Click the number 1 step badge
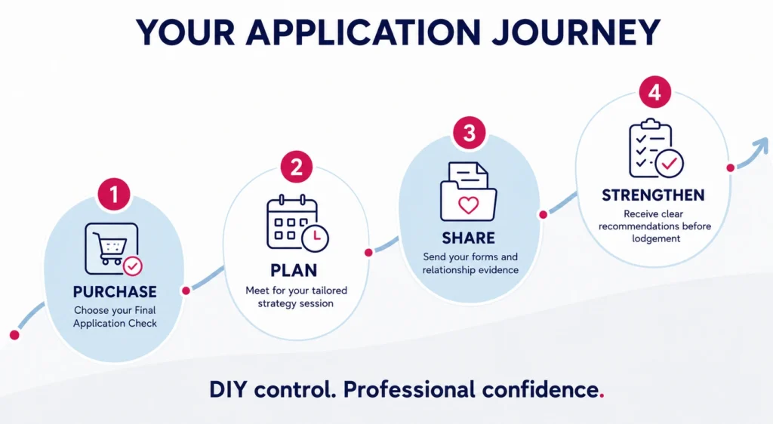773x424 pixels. click(x=114, y=194)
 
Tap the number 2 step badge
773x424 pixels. click(x=296, y=167)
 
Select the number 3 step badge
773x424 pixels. click(x=470, y=133)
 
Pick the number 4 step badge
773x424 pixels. click(x=654, y=92)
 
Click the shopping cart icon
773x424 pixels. click(x=113, y=249)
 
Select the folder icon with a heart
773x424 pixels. click(x=468, y=192)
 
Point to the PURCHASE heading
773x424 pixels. click(x=115, y=291)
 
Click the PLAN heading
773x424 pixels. click(x=294, y=270)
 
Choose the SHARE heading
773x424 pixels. click(x=468, y=238)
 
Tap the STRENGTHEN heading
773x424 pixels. click(x=653, y=195)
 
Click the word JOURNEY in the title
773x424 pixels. click(x=576, y=32)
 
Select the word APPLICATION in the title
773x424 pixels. click(x=363, y=32)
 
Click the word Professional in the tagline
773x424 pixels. click(x=409, y=389)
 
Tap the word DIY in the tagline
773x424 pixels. click(x=228, y=389)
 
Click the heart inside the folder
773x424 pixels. click(x=468, y=205)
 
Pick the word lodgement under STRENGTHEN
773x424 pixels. click(x=656, y=239)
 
